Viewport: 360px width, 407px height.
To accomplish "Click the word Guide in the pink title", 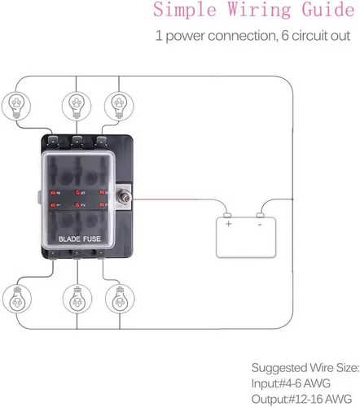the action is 328,10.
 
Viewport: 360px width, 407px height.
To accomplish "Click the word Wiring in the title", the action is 259,10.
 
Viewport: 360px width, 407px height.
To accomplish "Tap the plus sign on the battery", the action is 229,224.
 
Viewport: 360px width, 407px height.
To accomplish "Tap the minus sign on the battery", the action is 260,225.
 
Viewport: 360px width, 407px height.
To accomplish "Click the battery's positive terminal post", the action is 227,216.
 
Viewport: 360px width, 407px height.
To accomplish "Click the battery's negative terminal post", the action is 261,216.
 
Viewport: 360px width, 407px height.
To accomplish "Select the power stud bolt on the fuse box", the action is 125,198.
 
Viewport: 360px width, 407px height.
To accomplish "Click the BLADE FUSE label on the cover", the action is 80,239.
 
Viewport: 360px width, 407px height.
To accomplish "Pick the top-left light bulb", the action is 16,106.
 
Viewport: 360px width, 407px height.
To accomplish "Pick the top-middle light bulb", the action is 77,106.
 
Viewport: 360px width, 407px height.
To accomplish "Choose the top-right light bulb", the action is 119,106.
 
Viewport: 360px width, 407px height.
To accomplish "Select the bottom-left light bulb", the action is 17,299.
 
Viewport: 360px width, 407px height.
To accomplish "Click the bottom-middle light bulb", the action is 77,299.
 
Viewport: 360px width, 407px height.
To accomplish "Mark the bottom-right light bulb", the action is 120,299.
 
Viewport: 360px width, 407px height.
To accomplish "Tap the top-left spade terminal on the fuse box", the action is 53,141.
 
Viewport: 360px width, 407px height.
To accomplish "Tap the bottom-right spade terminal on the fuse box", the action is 101,255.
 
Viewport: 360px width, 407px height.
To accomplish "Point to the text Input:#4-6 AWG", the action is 291,383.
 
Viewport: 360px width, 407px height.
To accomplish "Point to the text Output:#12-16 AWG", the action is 301,399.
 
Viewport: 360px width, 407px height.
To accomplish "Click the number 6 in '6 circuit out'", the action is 285,36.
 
